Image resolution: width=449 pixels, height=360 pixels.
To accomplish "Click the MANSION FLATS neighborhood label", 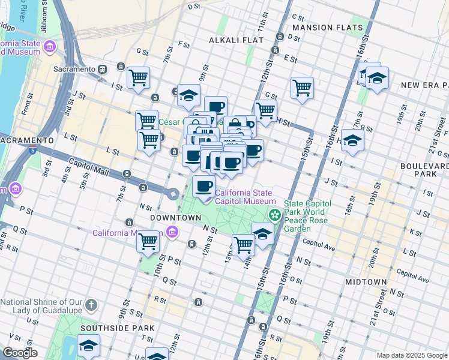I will [x=327, y=28].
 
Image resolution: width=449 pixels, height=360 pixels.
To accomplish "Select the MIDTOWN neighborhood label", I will [x=366, y=281].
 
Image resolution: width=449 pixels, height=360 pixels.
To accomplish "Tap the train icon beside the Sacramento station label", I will [x=103, y=69].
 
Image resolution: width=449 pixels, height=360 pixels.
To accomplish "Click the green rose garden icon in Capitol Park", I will [x=274, y=214].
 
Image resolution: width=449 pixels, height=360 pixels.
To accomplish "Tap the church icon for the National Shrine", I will [x=91, y=305].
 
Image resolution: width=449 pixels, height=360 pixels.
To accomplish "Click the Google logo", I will [x=20, y=353].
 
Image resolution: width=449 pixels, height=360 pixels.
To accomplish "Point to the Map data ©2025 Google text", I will [x=412, y=355].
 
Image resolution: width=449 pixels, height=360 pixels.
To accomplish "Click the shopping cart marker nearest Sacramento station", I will [x=139, y=77].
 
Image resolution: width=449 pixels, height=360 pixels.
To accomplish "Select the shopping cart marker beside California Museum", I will [x=148, y=242].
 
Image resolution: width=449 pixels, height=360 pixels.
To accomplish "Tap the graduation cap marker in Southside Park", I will [x=88, y=346].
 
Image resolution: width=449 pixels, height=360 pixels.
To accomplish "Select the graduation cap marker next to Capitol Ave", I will [x=262, y=233].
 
